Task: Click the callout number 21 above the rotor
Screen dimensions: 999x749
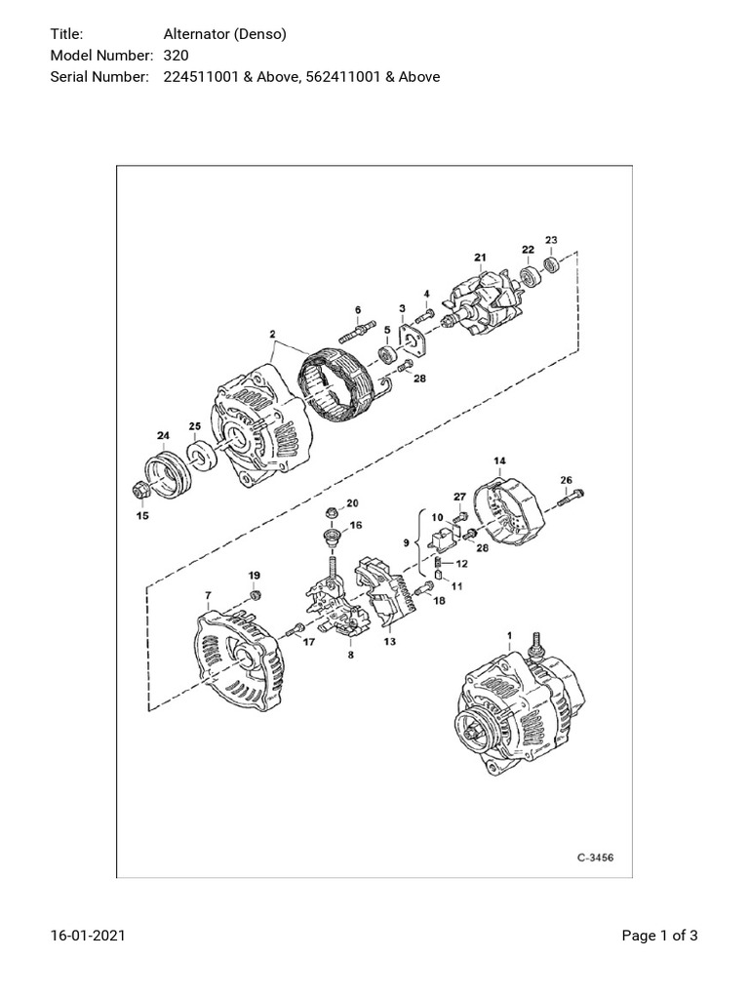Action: point(480,258)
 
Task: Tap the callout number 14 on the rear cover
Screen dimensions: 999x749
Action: point(499,460)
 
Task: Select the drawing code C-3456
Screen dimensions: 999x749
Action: point(595,859)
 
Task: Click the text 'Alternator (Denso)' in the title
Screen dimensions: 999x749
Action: point(217,34)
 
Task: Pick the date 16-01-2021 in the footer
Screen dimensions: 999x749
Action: point(88,937)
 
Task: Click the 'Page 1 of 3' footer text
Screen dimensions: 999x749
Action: point(660,937)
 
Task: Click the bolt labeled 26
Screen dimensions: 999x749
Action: point(572,499)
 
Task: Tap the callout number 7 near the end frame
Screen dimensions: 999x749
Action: point(207,594)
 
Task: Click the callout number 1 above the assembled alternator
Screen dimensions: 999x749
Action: point(508,635)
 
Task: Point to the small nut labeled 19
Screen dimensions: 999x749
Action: point(255,595)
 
